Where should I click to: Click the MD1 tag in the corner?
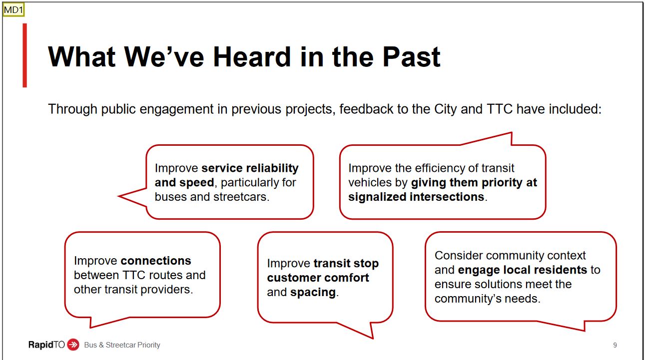pos(13,9)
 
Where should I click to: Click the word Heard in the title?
pos(252,57)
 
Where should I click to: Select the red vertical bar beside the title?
pos(25,55)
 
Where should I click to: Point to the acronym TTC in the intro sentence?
pos(500,109)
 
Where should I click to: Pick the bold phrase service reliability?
pos(250,168)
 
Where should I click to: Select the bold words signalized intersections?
pos(416,197)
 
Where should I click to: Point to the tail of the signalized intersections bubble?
pos(511,133)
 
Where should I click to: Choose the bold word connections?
pos(156,261)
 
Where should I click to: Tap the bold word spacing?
pos(313,293)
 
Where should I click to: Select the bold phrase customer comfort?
pos(318,278)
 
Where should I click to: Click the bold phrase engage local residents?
pos(522,270)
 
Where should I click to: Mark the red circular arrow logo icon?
pos(73,345)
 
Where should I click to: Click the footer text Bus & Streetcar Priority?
pos(122,345)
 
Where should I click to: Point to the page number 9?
pos(615,345)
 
